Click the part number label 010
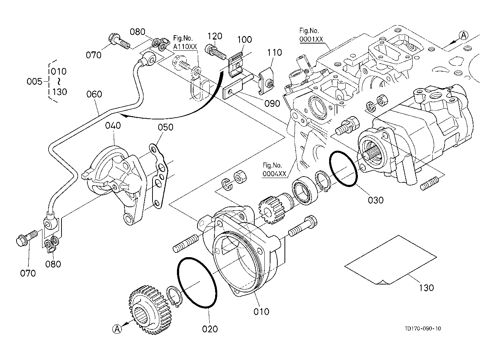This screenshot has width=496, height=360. click(x=261, y=311)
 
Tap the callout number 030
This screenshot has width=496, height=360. click(x=376, y=200)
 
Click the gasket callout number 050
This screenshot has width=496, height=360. click(x=165, y=127)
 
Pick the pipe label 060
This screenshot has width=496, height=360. click(x=94, y=94)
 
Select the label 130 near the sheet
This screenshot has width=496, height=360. click(x=426, y=288)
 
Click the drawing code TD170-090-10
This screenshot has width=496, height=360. click(x=423, y=329)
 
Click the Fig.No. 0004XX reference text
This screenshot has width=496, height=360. click(x=274, y=170)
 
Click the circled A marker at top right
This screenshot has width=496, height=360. click(x=464, y=35)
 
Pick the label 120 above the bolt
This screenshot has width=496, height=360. click(x=215, y=36)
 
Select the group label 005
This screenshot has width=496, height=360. click(x=35, y=82)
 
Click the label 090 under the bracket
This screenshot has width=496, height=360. click(x=272, y=104)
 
